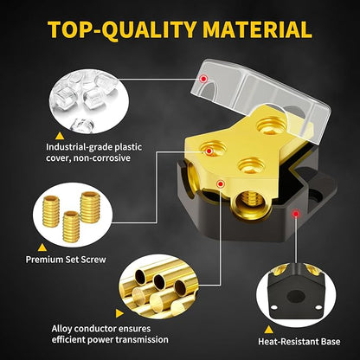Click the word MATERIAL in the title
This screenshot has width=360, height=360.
click(x=257, y=29)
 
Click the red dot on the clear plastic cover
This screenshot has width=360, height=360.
click(x=204, y=79)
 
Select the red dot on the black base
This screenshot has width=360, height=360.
click(x=295, y=214)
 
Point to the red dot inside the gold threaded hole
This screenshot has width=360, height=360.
click(x=209, y=151)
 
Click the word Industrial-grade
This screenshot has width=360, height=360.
click(x=79, y=147)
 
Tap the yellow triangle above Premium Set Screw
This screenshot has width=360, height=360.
click(x=42, y=247)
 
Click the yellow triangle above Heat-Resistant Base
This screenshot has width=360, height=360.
click(x=269, y=330)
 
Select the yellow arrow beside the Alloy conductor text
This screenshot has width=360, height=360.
click(x=119, y=313)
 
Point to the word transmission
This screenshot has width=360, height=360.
click(x=142, y=339)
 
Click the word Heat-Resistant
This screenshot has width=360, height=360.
click(x=289, y=342)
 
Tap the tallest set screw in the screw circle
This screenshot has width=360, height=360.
click(x=90, y=207)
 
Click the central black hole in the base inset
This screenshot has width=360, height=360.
click(x=296, y=296)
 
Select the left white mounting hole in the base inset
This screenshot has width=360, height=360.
click(x=274, y=307)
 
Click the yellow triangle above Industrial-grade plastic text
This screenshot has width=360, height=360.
click(x=60, y=136)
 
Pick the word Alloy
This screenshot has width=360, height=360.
click(x=62, y=329)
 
